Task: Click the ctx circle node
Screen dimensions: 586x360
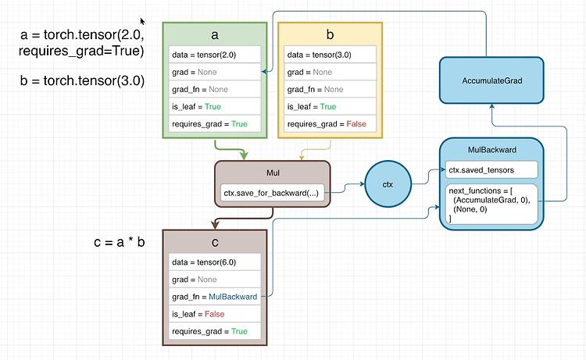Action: [388, 184]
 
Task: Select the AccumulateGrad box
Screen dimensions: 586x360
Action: [491, 80]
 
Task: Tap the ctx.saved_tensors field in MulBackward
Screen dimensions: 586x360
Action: [491, 170]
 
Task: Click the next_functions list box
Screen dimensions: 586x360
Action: [491, 204]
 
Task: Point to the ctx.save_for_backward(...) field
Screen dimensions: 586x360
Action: [272, 193]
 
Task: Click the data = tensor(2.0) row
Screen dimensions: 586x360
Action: [215, 55]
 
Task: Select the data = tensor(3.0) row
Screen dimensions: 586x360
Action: [330, 55]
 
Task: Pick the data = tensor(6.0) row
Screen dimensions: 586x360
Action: [215, 262]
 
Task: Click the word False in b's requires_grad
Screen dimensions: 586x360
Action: [356, 124]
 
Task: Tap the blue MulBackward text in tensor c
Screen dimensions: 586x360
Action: [233, 297]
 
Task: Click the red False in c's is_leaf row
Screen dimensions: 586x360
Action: [215, 314]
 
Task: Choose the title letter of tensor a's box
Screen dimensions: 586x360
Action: [215, 34]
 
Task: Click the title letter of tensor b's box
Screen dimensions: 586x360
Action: [330, 34]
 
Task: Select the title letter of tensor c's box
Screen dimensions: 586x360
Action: [215, 243]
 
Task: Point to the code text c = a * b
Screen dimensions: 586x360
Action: [120, 242]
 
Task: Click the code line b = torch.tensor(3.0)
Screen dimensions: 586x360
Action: [82, 80]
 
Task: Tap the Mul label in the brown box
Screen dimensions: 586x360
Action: [273, 173]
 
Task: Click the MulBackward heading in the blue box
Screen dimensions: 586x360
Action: [492, 150]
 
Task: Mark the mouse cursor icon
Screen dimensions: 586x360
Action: [142, 21]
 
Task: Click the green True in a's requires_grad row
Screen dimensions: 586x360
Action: [239, 124]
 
